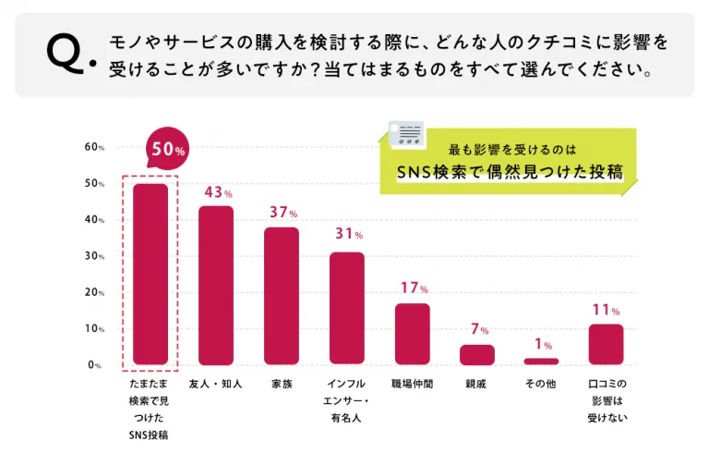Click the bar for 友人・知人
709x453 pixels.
(216, 286)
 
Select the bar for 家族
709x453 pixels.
(282, 296)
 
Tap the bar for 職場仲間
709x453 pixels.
(412, 334)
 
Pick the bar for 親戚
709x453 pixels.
(477, 355)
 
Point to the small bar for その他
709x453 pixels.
(542, 361)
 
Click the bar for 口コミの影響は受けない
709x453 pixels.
(607, 345)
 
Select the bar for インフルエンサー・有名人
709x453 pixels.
(347, 308)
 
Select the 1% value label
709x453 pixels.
(543, 345)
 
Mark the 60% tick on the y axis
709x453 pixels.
(93, 148)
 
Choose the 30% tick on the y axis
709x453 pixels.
(93, 256)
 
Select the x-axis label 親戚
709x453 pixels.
(477, 384)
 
